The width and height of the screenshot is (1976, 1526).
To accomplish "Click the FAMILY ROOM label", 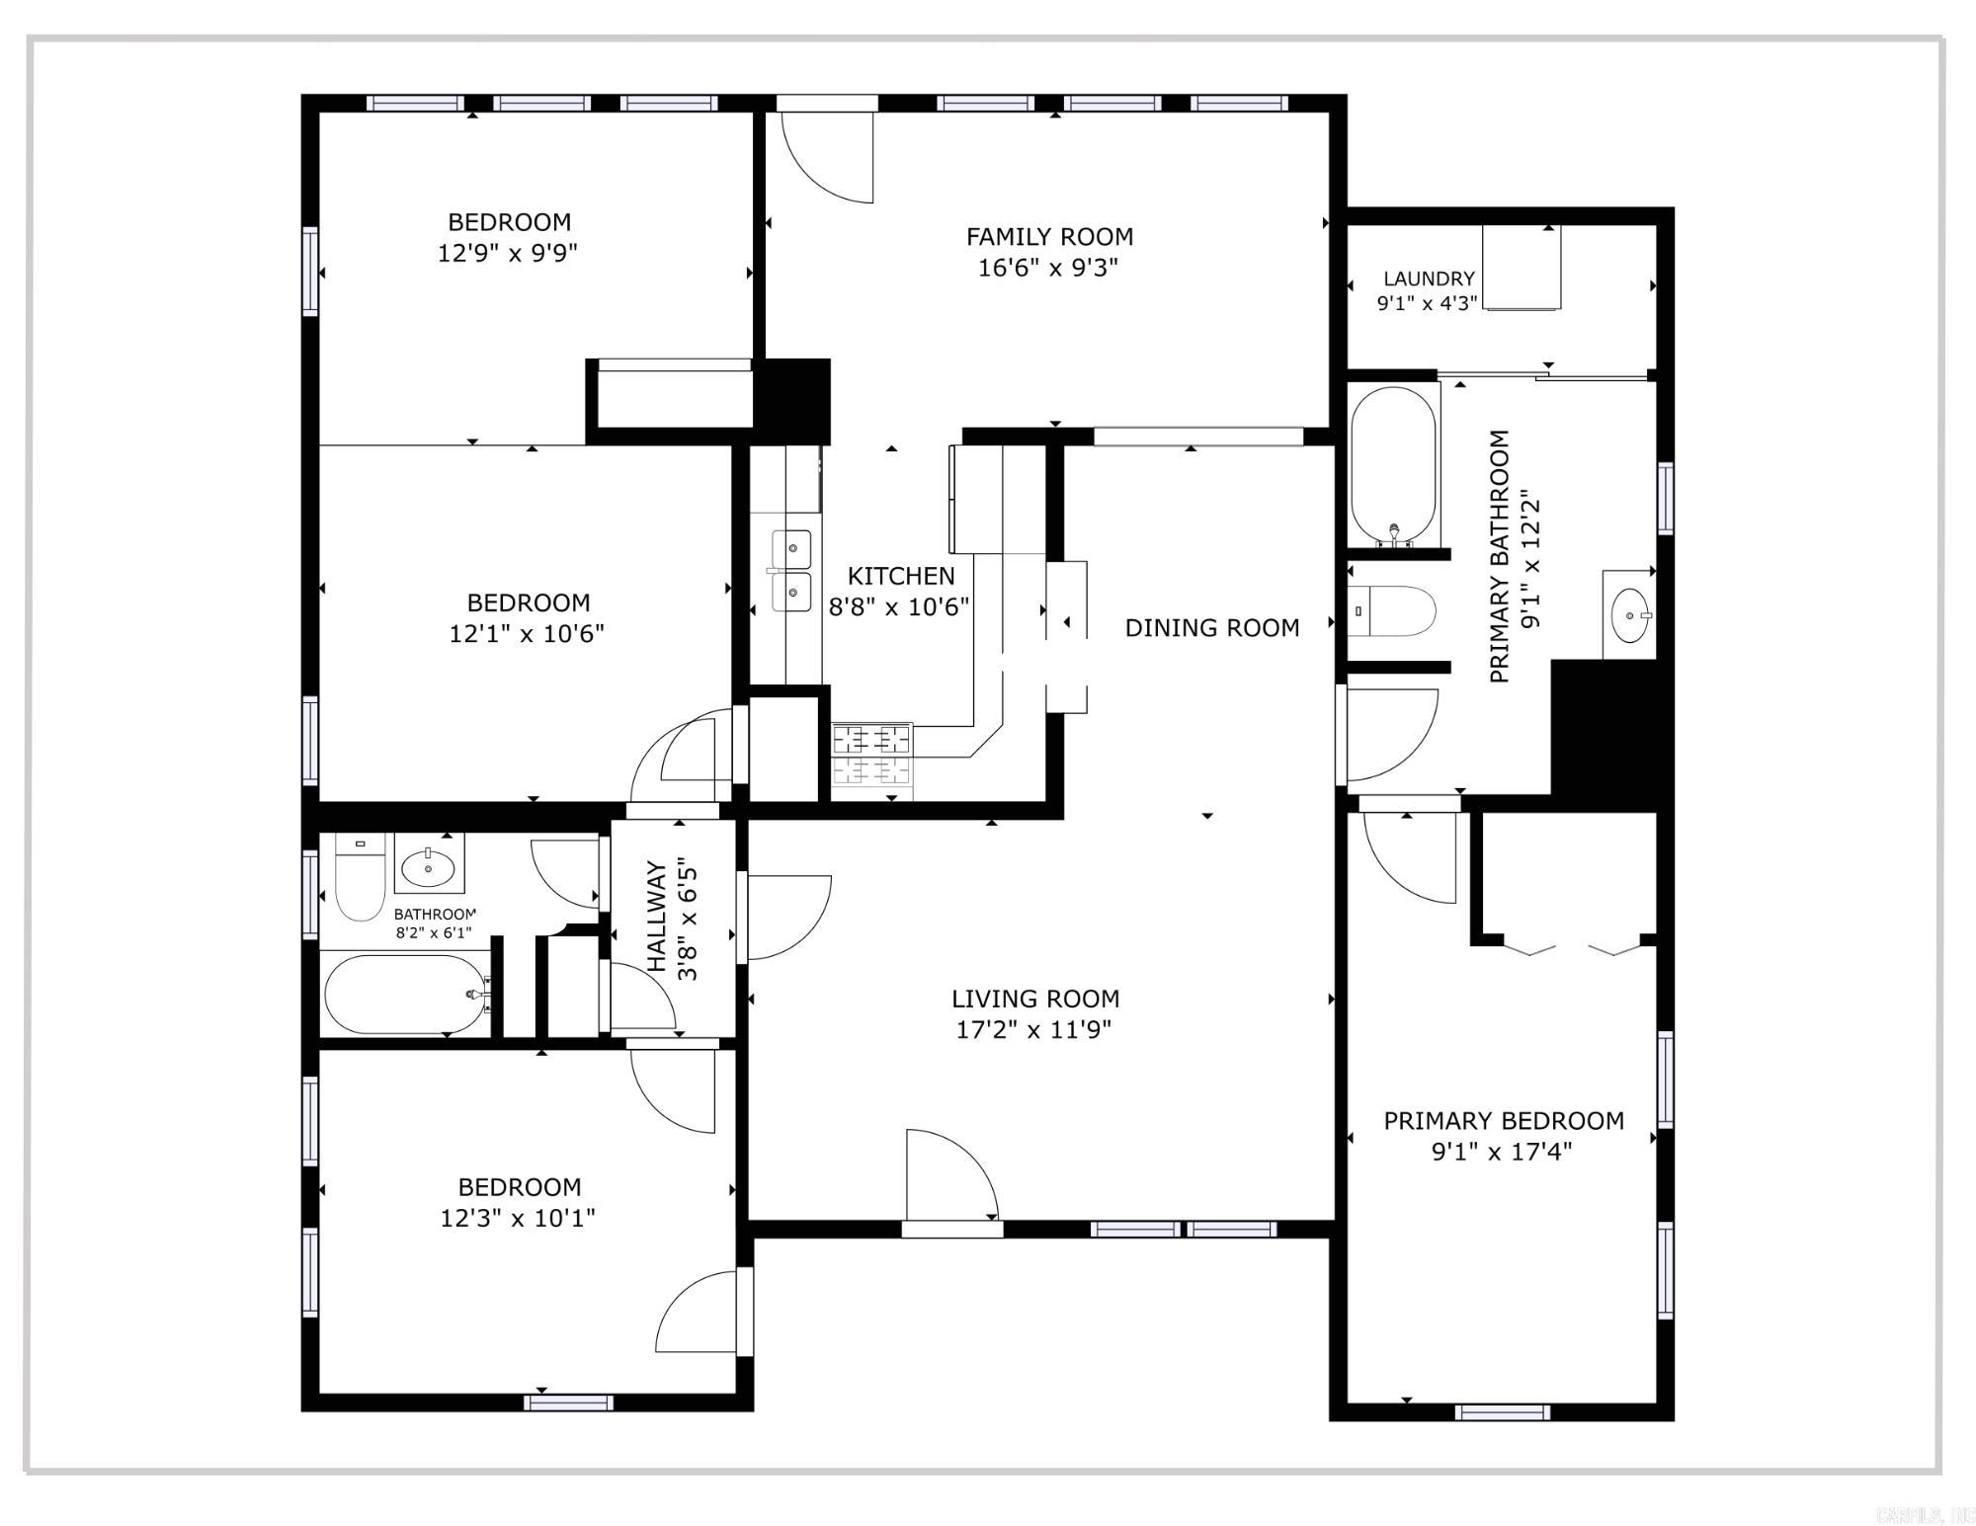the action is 1049,237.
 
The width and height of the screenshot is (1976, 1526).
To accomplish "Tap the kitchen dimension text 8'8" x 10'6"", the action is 899,606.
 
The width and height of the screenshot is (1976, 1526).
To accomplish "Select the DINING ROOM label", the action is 1212,628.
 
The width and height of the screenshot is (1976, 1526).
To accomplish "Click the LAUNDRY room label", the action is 1429,280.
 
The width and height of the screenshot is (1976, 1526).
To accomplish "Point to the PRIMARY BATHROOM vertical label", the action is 1500,556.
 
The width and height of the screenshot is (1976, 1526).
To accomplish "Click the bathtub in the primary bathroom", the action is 1393,465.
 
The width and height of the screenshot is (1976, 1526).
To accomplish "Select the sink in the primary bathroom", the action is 1629,615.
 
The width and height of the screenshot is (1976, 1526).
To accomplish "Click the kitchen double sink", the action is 791,571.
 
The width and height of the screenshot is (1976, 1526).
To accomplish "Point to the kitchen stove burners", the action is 871,756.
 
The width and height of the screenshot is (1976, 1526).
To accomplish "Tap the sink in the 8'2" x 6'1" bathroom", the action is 429,866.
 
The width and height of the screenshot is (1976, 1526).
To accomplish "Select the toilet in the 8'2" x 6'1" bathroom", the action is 360,877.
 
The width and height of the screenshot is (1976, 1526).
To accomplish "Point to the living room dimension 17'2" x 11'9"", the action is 1034,1030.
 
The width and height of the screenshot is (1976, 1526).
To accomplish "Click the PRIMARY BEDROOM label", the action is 1504,1121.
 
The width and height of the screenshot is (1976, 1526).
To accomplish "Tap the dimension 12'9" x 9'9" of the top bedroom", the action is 508,253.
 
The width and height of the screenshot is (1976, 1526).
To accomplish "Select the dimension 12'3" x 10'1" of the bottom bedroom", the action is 518,1218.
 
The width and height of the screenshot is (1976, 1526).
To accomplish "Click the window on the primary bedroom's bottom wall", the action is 1502,1412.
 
